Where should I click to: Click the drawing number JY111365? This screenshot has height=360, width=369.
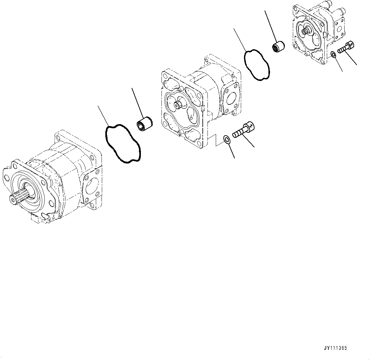[x=335, y=348]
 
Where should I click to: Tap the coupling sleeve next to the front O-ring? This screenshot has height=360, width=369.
[x=143, y=123]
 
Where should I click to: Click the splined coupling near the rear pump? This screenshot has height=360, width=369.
[x=278, y=47]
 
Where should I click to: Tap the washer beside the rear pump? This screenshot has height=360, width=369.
[x=333, y=55]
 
